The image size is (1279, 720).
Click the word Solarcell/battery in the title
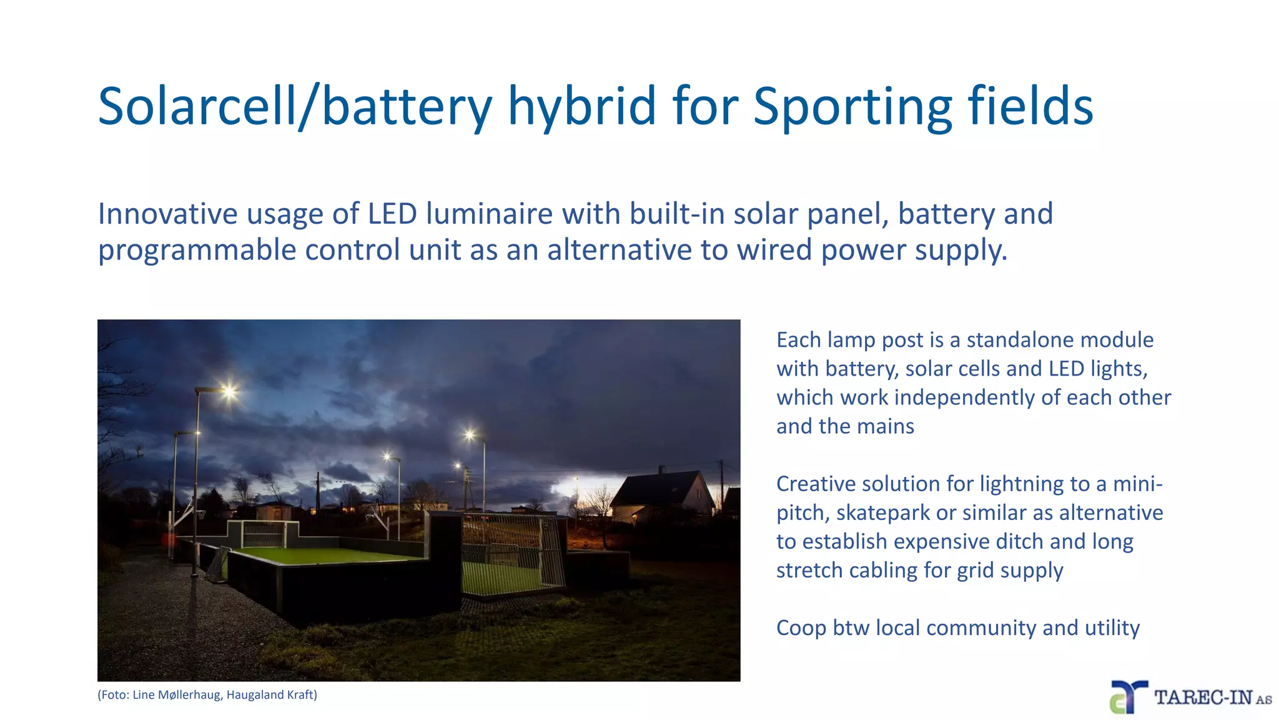[x=295, y=106]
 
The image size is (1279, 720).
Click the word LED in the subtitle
[x=392, y=214]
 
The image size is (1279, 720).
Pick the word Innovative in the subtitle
[x=165, y=214]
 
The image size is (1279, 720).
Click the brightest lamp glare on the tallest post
[x=230, y=392]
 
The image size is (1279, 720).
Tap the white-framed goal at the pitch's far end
[x=264, y=534]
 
